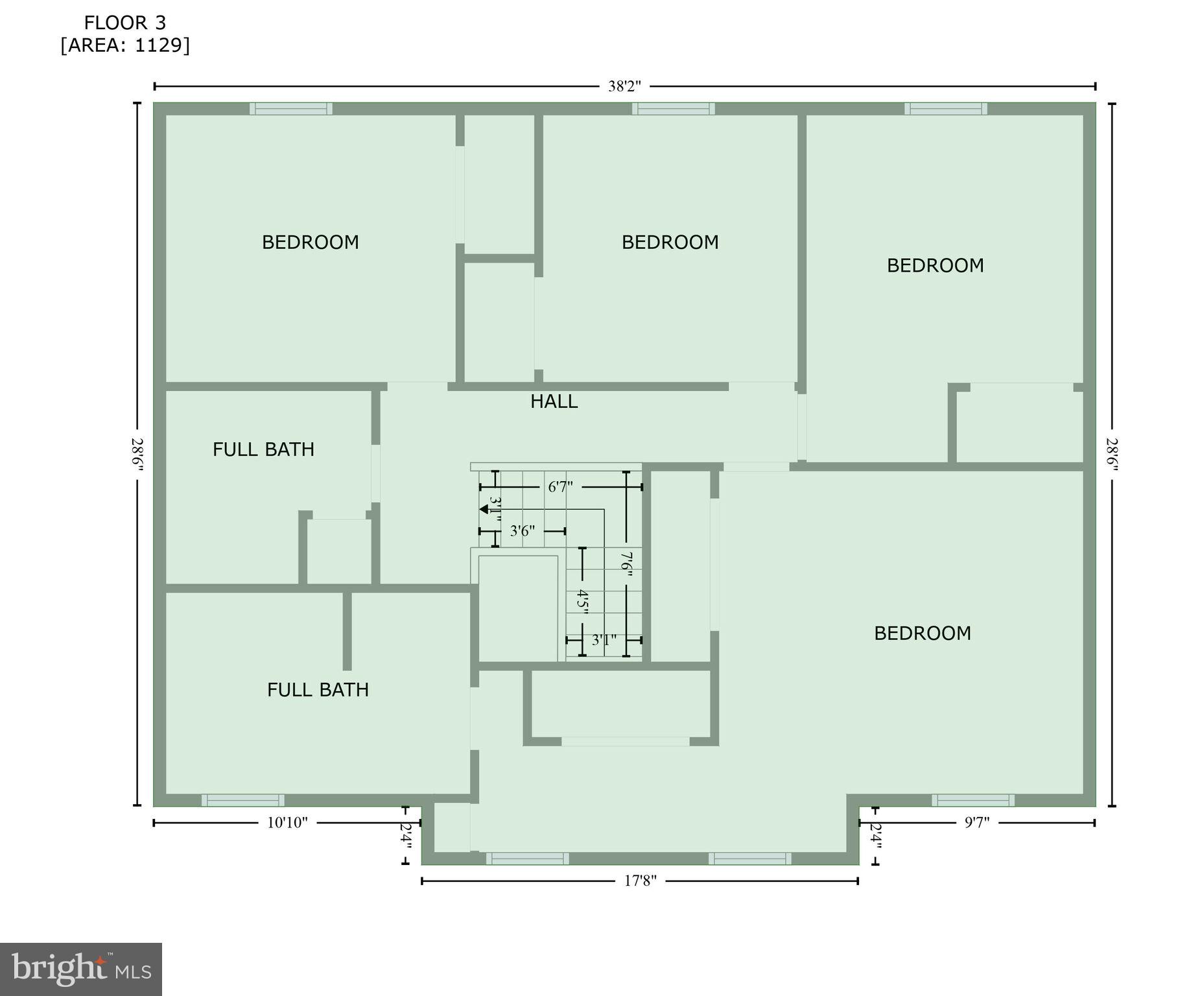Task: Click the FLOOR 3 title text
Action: point(125,23)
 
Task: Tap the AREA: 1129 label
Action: point(125,45)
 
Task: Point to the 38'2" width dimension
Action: point(624,86)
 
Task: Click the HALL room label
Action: point(554,402)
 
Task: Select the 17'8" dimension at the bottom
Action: point(640,881)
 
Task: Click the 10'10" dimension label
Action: point(287,823)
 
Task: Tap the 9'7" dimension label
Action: point(977,823)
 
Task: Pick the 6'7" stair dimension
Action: point(560,487)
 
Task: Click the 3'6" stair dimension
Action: point(522,531)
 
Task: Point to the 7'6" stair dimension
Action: point(626,562)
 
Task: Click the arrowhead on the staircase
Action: point(484,509)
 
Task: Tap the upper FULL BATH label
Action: point(263,449)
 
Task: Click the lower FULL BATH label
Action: point(318,689)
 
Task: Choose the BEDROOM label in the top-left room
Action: point(310,243)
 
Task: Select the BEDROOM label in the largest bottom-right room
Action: point(922,634)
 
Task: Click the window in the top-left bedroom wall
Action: point(291,109)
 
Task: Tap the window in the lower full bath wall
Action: point(242,800)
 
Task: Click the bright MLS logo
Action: point(81,969)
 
